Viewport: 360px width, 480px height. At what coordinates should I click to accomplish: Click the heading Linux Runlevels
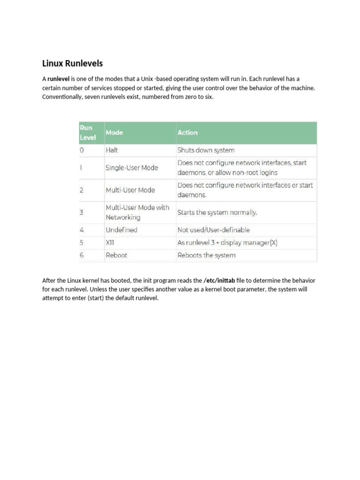click(72, 63)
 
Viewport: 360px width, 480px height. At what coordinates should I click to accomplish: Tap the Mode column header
click(114, 133)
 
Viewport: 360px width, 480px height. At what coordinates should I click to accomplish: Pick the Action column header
click(187, 133)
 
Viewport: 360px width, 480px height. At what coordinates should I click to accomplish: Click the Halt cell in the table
click(112, 150)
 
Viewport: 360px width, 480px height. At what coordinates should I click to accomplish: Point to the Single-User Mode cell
click(132, 168)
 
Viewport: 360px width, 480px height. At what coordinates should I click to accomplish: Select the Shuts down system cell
click(206, 150)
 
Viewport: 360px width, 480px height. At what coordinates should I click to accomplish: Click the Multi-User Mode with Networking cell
click(137, 213)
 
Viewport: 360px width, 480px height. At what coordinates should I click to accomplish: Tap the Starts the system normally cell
click(217, 212)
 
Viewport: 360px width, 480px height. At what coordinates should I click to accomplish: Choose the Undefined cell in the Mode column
click(121, 230)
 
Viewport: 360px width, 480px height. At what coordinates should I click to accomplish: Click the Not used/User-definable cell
click(213, 230)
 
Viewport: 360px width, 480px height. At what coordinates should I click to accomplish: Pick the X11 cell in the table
click(110, 243)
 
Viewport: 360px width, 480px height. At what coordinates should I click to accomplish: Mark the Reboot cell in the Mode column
click(116, 255)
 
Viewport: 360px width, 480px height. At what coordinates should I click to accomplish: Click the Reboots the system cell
click(206, 255)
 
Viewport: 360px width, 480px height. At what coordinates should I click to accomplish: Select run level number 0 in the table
click(82, 150)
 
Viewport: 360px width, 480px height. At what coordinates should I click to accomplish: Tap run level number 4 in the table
click(82, 230)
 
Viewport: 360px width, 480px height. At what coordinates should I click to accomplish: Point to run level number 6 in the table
click(82, 255)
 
